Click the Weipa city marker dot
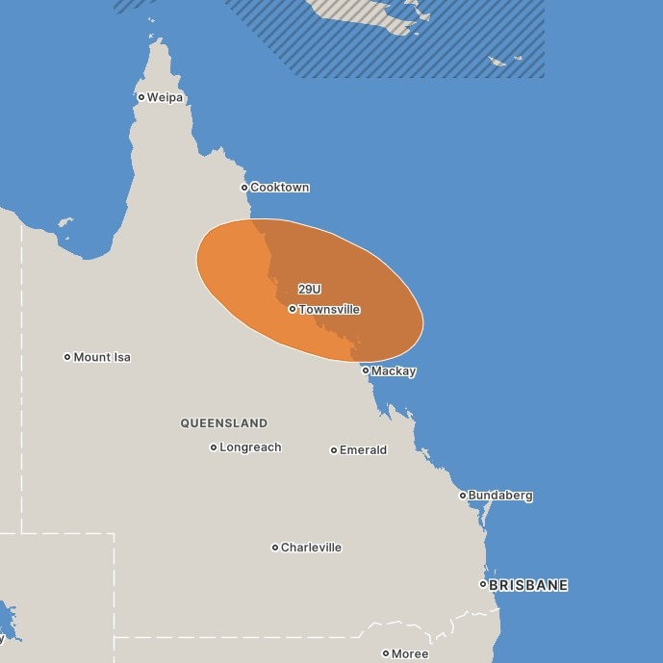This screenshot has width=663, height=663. tap(141, 97)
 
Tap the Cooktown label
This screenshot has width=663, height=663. tap(279, 188)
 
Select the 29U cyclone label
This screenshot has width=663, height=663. tap(309, 289)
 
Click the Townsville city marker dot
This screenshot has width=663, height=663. tap(293, 310)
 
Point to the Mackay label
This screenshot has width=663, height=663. tap(394, 371)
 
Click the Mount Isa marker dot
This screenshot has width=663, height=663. tap(67, 357)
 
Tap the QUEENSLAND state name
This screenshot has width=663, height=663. tap(224, 423)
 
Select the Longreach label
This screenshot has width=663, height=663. tap(250, 447)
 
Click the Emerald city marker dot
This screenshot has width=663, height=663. tap(334, 450)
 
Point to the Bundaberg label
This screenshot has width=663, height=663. tap(500, 496)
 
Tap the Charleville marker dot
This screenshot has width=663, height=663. tap(275, 548)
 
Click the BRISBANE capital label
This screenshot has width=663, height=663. tap(528, 585)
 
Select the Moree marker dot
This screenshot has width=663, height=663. tap(386, 653)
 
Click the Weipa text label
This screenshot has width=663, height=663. tap(165, 97)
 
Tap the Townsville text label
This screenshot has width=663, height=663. tap(329, 310)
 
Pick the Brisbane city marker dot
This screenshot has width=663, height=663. tap(484, 584)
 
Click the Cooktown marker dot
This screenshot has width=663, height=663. tap(244, 188)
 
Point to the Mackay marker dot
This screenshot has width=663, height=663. tap(366, 370)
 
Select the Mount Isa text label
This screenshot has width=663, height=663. tap(102, 357)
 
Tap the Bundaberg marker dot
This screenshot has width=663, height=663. tap(463, 496)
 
